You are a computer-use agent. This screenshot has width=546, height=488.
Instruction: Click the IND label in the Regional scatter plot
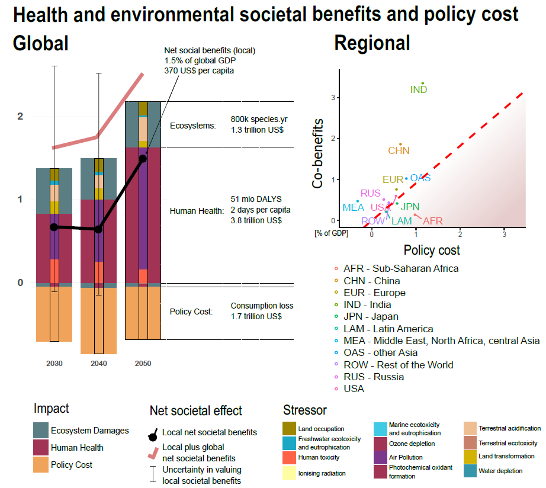coord(419,90)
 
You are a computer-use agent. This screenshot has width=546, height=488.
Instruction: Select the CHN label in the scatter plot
coord(399,151)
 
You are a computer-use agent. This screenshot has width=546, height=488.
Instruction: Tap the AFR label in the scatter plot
coord(433,221)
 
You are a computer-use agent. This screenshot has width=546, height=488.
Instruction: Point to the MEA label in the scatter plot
coord(353,208)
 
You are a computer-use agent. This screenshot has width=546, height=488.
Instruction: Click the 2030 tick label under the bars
coord(54,363)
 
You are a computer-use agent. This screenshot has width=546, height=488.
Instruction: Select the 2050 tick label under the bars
coord(143,363)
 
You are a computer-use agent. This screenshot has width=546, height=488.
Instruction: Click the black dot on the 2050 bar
coord(143,158)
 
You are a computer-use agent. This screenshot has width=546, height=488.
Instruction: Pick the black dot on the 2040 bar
coord(98,229)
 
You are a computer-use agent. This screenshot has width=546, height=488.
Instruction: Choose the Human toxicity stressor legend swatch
coord(290,457)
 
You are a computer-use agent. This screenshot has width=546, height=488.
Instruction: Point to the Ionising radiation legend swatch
coord(290,473)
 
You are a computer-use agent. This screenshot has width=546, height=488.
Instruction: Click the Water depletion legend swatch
coord(472,471)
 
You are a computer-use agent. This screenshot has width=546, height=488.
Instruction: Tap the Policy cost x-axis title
coord(432,250)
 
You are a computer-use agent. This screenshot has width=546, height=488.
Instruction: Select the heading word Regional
coord(372,43)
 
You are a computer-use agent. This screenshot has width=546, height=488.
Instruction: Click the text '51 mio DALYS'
coord(256,199)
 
